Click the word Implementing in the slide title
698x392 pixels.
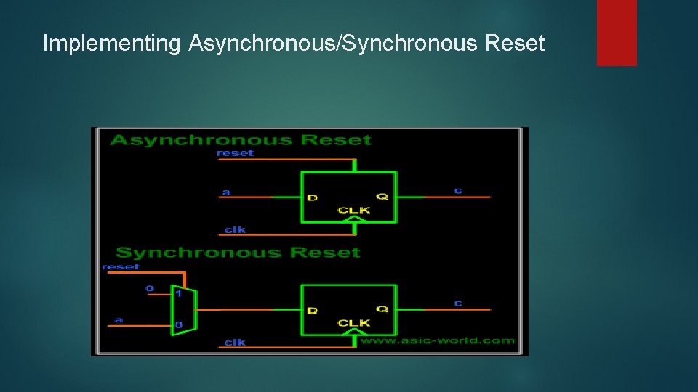click(x=111, y=44)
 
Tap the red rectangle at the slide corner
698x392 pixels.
click(x=617, y=32)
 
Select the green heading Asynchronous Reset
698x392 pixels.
click(x=241, y=140)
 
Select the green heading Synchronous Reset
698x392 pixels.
click(x=238, y=253)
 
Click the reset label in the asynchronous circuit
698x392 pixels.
click(x=236, y=153)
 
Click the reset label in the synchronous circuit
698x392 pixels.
click(x=121, y=266)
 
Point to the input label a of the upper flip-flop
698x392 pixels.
click(x=226, y=192)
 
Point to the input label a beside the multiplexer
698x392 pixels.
click(x=119, y=319)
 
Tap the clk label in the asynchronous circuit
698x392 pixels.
click(x=235, y=229)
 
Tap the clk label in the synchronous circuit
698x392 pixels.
click(x=235, y=342)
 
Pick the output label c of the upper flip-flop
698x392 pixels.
click(x=458, y=190)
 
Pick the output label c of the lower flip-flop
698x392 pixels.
click(x=458, y=303)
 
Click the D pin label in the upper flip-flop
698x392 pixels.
click(x=313, y=197)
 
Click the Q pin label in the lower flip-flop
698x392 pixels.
click(x=382, y=309)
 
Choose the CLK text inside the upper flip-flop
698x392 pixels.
click(x=353, y=211)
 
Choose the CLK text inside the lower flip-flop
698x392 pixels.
click(x=353, y=323)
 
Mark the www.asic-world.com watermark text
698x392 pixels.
click(x=438, y=340)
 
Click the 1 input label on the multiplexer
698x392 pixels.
click(x=178, y=293)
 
